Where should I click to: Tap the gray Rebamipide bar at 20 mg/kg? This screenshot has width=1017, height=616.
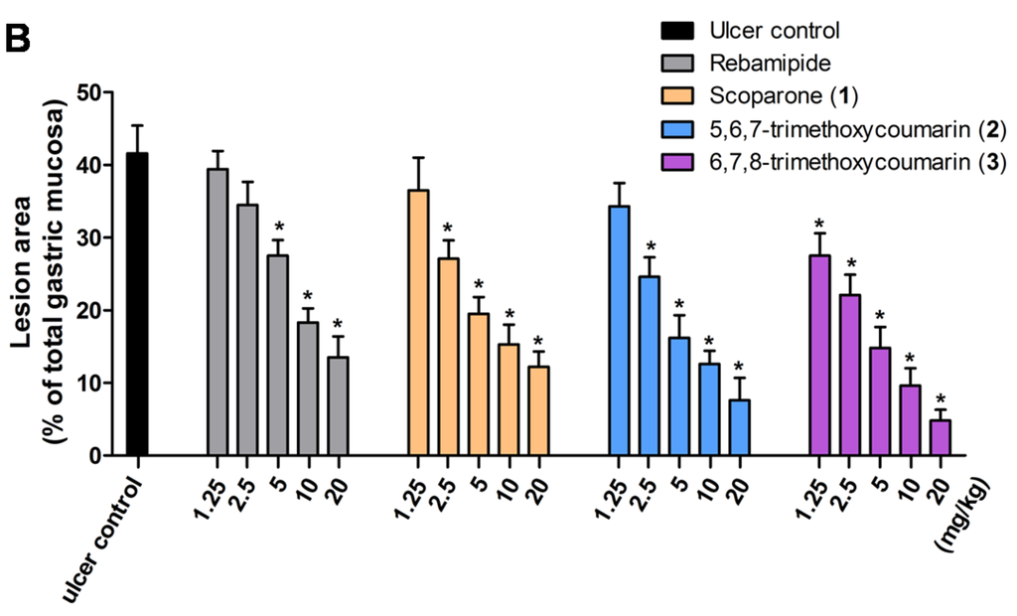click(x=338, y=406)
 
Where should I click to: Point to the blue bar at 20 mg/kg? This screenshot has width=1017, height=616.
click(x=739, y=427)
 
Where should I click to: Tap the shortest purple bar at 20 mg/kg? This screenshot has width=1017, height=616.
click(x=940, y=438)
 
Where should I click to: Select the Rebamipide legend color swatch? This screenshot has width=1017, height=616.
click(x=675, y=64)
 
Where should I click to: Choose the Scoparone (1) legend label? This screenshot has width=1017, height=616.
click(x=784, y=96)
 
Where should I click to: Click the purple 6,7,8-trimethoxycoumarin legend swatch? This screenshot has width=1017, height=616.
click(x=675, y=162)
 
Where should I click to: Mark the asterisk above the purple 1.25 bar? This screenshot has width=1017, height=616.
click(x=819, y=225)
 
